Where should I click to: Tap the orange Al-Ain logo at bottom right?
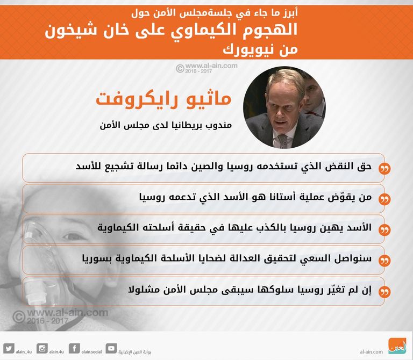(398, 345)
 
